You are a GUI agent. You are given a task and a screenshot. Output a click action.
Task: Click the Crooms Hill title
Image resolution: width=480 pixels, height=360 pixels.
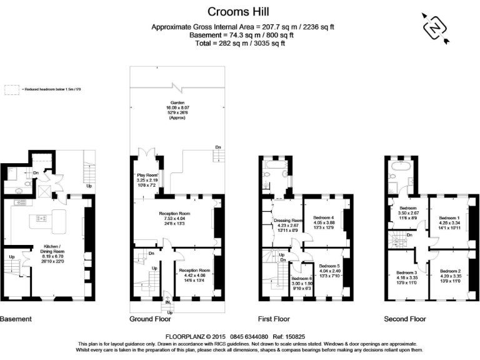point(240,11)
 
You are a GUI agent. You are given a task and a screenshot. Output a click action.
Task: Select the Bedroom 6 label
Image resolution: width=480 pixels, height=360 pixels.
point(302,279)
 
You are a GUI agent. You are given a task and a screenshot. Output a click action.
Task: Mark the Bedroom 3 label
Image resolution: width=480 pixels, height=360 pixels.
point(406,273)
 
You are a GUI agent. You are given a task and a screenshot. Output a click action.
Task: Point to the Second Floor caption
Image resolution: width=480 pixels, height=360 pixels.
point(405,319)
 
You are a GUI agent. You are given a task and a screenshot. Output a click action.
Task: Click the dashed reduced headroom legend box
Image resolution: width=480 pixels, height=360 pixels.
point(12,90)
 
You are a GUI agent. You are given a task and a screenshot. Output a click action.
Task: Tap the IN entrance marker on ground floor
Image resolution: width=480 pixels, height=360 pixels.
point(167,302)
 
